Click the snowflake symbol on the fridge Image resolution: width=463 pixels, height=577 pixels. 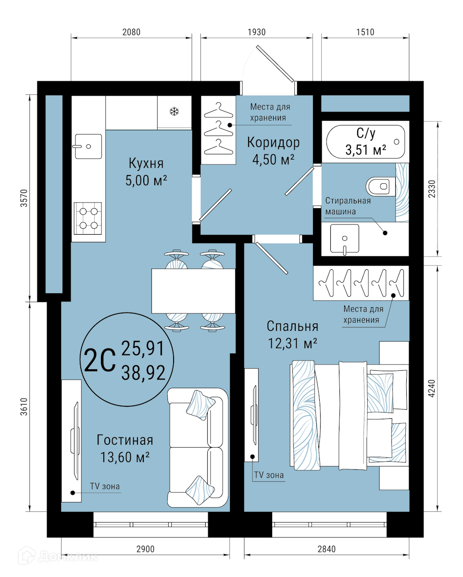click(174, 111)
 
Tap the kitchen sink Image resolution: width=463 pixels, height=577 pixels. click(88, 146)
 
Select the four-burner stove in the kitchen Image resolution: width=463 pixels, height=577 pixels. click(88, 218)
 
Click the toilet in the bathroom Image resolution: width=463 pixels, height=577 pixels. click(381, 187)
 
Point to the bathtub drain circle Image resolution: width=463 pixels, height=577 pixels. click(397, 141)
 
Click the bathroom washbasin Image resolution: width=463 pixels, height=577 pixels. click(345, 238)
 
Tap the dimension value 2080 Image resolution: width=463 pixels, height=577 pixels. click(131, 32)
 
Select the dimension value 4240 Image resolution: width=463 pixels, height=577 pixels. click(432, 388)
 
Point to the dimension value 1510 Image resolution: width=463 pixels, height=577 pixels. click(365, 32)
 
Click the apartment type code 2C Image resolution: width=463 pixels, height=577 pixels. click(100, 360)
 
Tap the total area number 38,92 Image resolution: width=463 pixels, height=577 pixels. click(143, 373)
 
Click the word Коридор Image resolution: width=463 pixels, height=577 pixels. click(273, 142)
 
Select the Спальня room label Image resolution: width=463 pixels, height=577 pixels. click(292, 326)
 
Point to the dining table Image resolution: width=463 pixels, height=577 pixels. click(193, 291)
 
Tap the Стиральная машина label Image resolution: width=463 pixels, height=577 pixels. click(348, 206)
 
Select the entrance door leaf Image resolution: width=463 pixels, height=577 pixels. click(275, 63)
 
